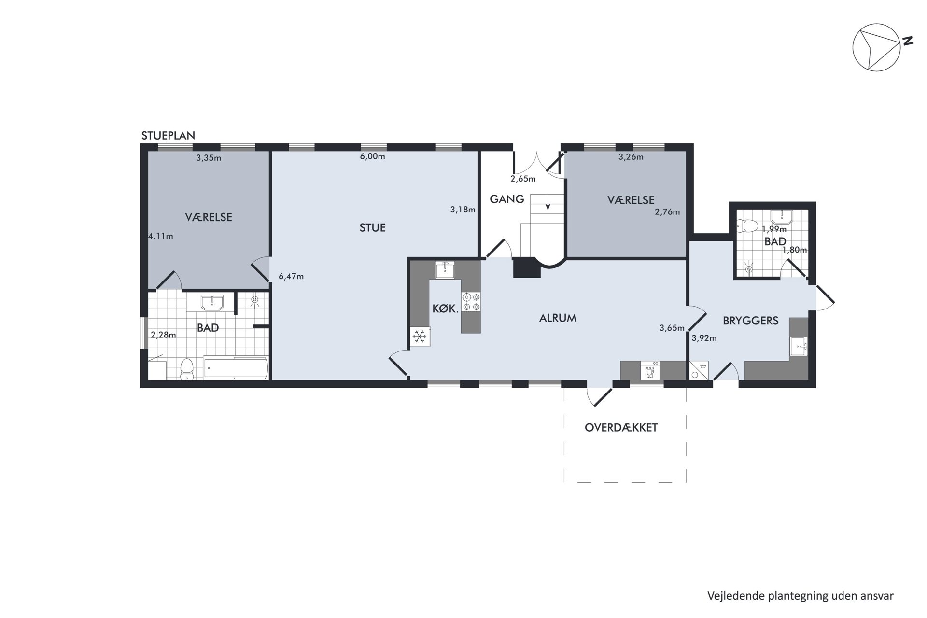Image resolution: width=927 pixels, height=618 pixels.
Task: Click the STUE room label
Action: pyautogui.click(x=372, y=227)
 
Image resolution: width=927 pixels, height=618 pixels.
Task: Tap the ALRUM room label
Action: pyautogui.click(x=558, y=318)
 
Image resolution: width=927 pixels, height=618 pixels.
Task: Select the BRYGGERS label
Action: pyautogui.click(x=750, y=321)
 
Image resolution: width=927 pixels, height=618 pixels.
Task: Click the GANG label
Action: pyautogui.click(x=506, y=199)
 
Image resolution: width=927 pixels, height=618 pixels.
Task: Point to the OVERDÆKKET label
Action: pyautogui.click(x=621, y=428)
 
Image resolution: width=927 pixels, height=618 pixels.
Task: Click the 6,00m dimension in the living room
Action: pyautogui.click(x=372, y=156)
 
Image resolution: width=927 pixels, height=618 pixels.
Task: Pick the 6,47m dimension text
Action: pyautogui.click(x=291, y=277)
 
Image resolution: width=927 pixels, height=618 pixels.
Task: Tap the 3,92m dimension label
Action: pyautogui.click(x=704, y=338)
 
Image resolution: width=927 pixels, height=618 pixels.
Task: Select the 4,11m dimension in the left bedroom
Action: pyautogui.click(x=161, y=236)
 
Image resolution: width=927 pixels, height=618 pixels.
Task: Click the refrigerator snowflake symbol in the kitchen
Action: pyautogui.click(x=420, y=337)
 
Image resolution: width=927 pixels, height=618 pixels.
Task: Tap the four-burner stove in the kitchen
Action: pyautogui.click(x=471, y=302)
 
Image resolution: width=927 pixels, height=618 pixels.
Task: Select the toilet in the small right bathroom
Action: pyautogui.click(x=748, y=226)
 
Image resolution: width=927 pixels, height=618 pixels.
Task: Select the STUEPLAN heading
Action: pyautogui.click(x=168, y=136)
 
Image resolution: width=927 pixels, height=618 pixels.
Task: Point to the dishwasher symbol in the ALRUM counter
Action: pyautogui.click(x=650, y=371)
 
